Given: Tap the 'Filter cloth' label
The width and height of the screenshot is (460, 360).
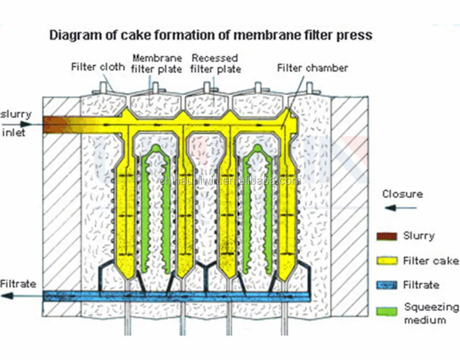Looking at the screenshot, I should coord(98,67).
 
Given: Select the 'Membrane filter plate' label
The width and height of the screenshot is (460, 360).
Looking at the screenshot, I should coord(157,63).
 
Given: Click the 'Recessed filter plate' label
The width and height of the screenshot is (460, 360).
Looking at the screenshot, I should coord(216,63).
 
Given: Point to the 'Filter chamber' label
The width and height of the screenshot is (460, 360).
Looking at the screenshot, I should coord(312,68).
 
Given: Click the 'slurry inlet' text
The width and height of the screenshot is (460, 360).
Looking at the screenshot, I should coord(15,123).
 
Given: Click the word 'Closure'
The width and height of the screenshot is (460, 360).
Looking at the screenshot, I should coord(402,194).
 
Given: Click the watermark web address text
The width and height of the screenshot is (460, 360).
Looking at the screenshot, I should coord(230,181).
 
